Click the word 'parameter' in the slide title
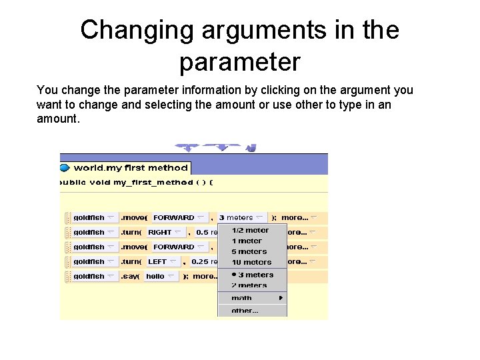pyautogui.click(x=239, y=62)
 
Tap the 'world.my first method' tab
pyautogui.click(x=130, y=168)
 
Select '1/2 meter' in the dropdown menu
pyautogui.click(x=250, y=230)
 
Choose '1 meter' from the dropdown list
pyautogui.click(x=247, y=241)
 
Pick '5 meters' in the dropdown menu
pyautogui.click(x=249, y=251)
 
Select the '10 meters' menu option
pyautogui.click(x=251, y=262)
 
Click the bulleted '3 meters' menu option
pyautogui.click(x=252, y=275)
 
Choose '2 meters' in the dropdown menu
pyautogui.click(x=249, y=285)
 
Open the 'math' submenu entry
pyautogui.click(x=242, y=298)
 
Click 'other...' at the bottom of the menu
pyautogui.click(x=245, y=311)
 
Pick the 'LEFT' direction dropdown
pyautogui.click(x=162, y=261)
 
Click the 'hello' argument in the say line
pyautogui.click(x=160, y=276)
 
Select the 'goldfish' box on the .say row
pyautogui.click(x=93, y=276)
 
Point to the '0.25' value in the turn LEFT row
pyautogui.click(x=200, y=261)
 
